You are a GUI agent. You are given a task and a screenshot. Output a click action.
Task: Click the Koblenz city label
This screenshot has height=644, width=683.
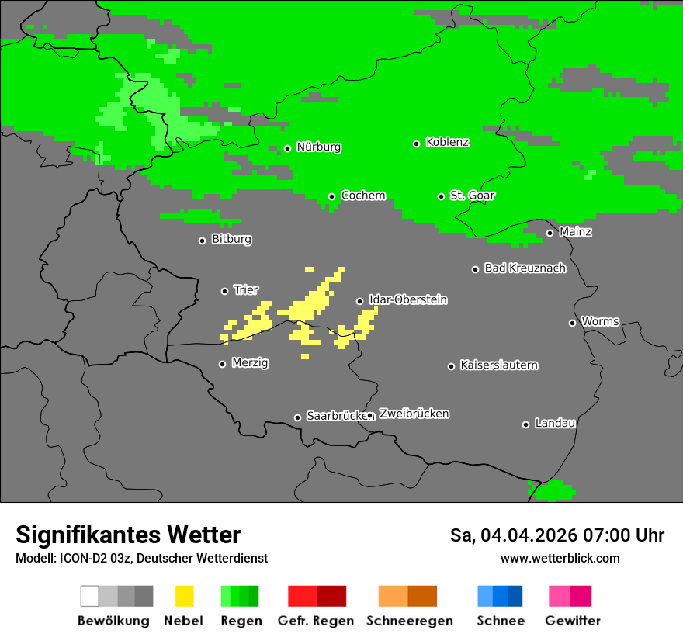coord(447,142)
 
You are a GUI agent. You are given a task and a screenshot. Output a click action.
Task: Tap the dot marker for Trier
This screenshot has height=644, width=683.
coord(225,291)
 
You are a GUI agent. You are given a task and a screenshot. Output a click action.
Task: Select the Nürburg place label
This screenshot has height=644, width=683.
coord(318,147)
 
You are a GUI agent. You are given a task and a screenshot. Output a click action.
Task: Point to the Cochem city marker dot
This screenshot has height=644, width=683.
coord(331,196)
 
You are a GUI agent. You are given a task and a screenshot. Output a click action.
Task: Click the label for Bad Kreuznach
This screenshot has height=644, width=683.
coord(525,268)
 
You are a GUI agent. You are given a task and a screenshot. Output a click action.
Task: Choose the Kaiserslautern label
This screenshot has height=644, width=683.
coord(498,365)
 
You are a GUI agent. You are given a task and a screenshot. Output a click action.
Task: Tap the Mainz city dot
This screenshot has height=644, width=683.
coord(550,233)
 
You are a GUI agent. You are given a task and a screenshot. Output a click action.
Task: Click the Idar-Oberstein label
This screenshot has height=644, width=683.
coord(407,299)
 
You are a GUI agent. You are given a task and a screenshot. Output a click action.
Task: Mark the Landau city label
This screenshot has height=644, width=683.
coord(555,423)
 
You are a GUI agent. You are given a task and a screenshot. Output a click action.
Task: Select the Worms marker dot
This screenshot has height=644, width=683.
coord(572,323)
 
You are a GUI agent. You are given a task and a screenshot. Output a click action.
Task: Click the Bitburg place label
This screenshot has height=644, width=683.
coord(231,239)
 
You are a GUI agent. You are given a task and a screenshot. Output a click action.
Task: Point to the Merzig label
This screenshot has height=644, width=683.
coord(250,362)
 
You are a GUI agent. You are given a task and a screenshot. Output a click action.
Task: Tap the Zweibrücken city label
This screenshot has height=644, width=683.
coord(414,414)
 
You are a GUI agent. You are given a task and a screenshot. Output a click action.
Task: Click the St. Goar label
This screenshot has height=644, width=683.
coord(472,196)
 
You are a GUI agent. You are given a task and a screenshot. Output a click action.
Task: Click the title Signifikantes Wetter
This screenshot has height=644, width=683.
coord(128,535)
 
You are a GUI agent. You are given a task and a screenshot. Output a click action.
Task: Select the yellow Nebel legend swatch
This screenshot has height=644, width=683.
coord(184,596)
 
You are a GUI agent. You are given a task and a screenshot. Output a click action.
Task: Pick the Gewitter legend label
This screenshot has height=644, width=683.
coord(573,621)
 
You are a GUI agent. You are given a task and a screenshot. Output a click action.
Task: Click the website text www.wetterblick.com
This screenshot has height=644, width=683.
coord(560,558)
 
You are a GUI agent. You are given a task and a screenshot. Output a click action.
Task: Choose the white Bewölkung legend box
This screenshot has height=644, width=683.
coord(89,596)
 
